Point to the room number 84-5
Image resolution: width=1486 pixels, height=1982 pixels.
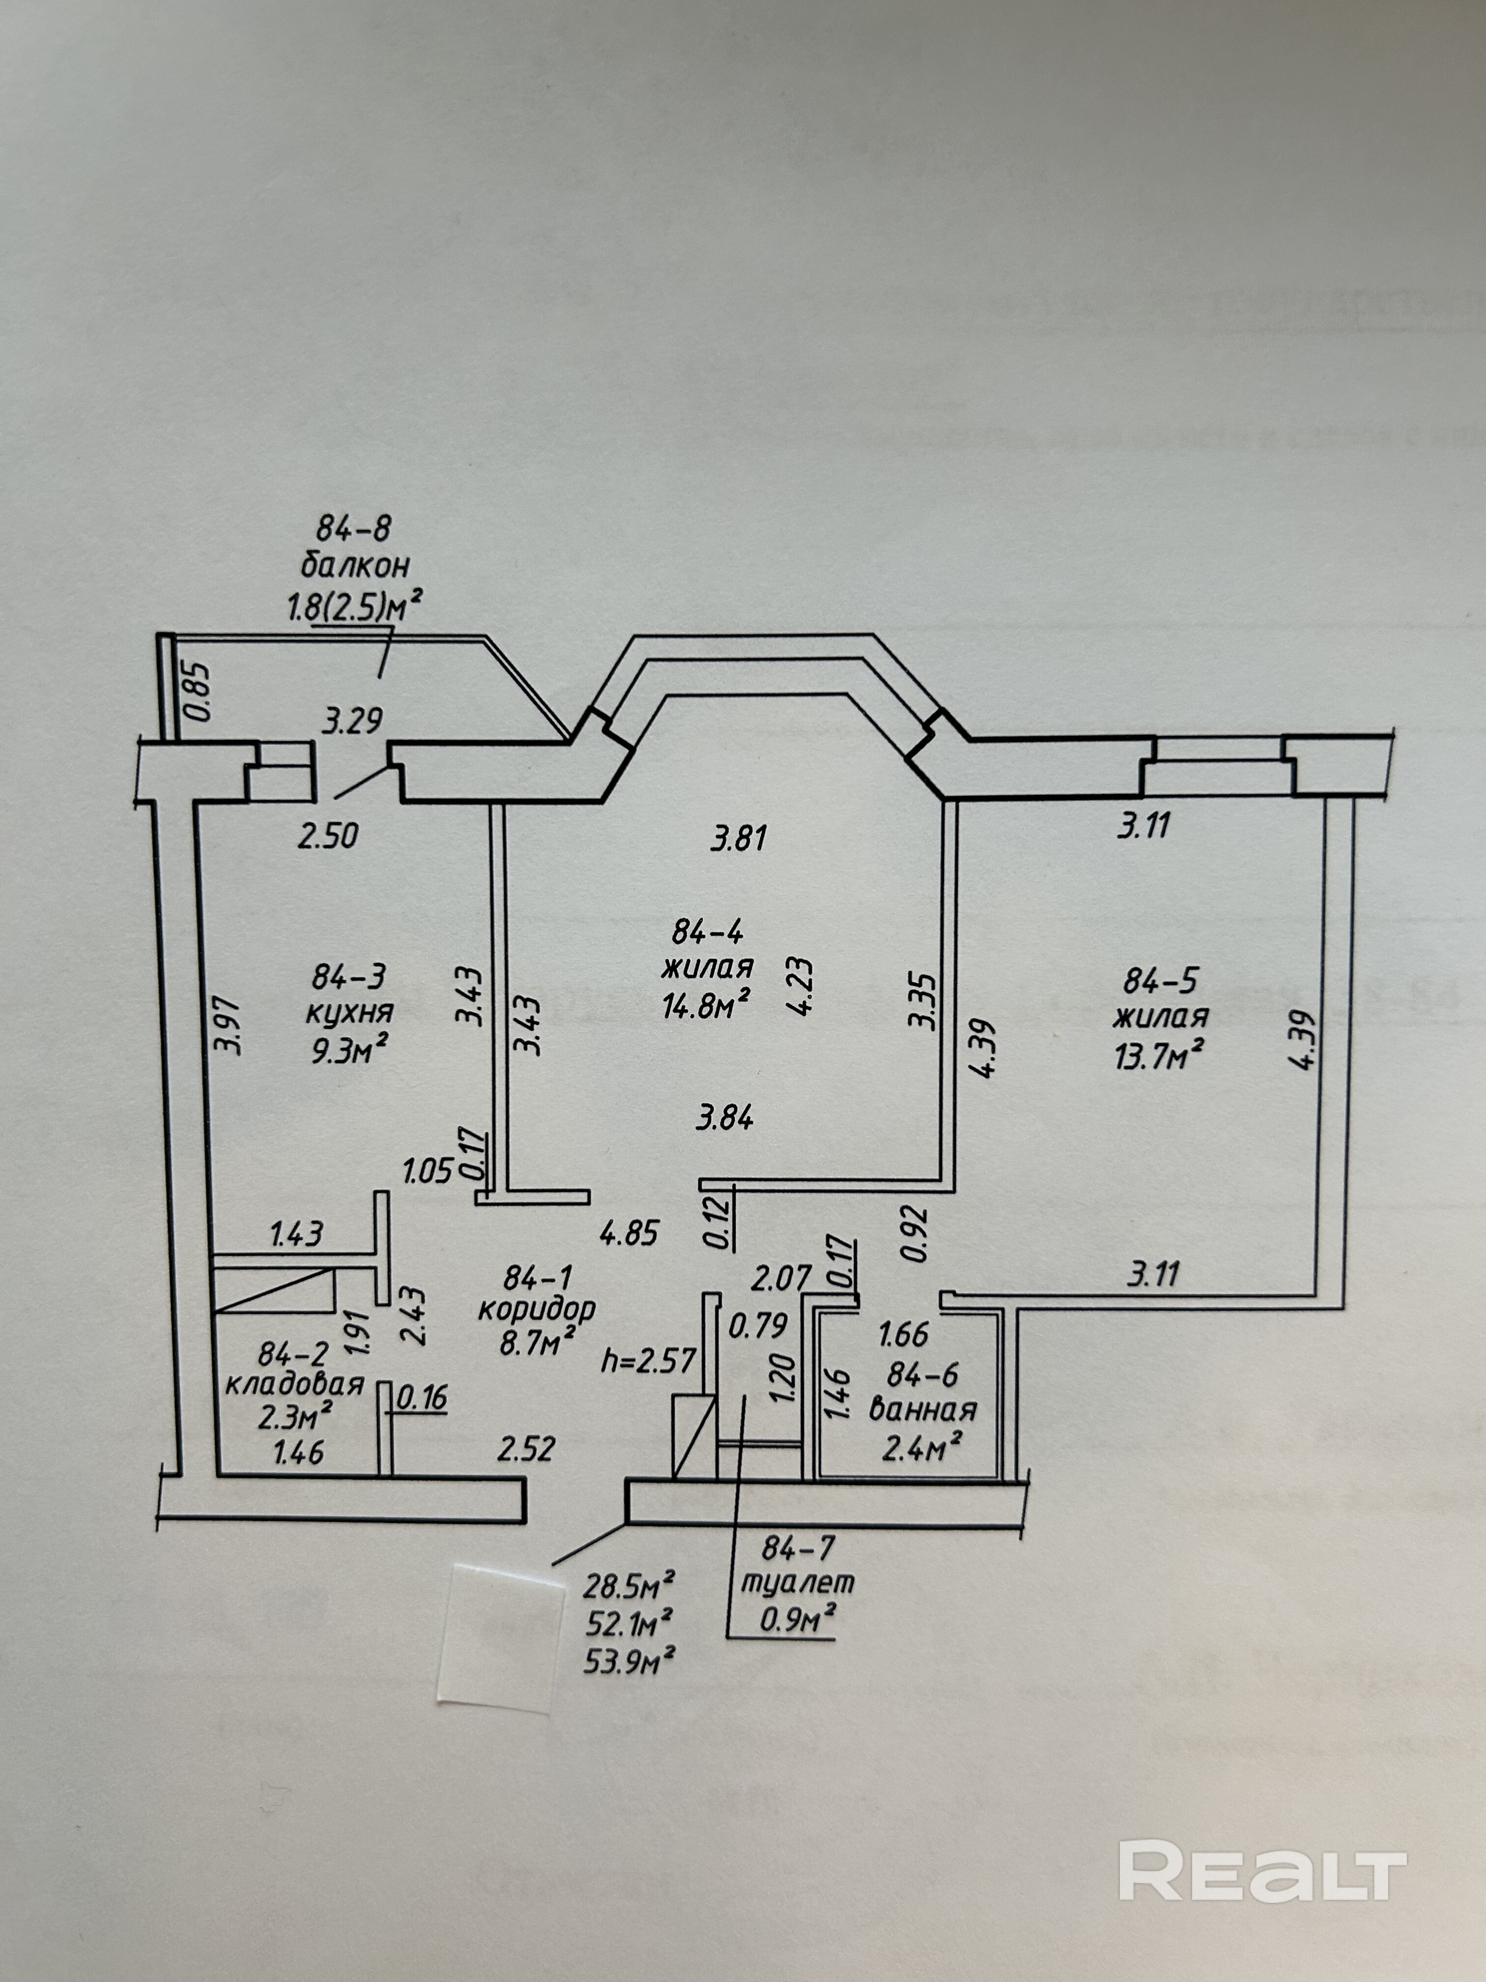tap(1160, 982)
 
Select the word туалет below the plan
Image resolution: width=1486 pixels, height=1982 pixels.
tap(797, 1582)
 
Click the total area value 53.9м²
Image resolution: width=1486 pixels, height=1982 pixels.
tap(629, 1662)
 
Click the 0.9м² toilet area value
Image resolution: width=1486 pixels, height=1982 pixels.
tap(797, 1620)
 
